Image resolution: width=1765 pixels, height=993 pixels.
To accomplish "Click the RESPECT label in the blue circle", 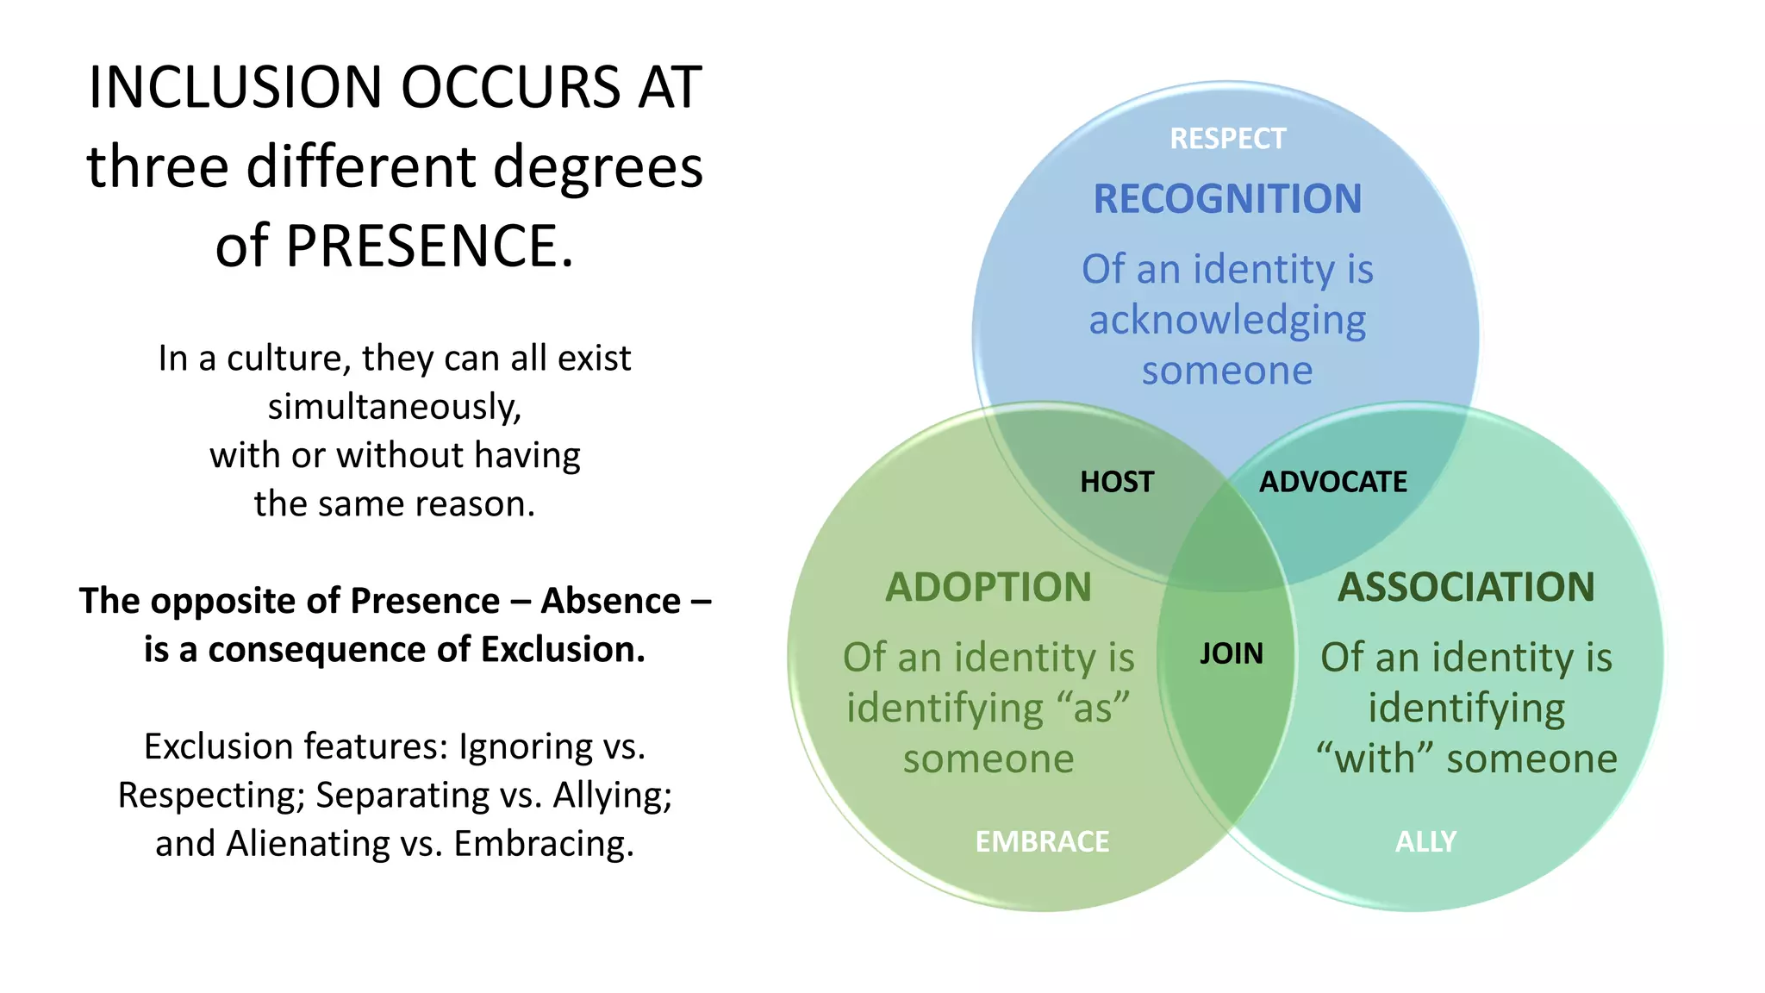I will click(x=1227, y=139).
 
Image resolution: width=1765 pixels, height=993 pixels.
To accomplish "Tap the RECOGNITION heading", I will click(x=1227, y=199).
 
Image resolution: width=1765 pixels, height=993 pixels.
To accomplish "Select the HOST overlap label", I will click(x=1117, y=482).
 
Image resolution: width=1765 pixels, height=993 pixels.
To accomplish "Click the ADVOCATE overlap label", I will click(x=1333, y=482).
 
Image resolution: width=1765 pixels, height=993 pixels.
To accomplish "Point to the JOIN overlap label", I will click(x=1232, y=653).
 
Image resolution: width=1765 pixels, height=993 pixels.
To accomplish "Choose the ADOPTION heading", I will click(x=989, y=588).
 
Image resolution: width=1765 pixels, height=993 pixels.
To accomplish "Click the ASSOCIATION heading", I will click(x=1466, y=588).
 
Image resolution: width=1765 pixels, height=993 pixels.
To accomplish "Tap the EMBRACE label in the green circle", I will click(x=1042, y=841).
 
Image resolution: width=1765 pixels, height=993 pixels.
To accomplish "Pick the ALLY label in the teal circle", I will click(x=1425, y=841).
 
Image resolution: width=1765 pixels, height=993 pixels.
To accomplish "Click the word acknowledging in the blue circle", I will click(x=1227, y=321).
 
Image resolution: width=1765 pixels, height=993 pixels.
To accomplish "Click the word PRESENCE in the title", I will click(x=429, y=247).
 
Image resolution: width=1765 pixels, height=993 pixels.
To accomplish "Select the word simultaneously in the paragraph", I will click(x=395, y=407).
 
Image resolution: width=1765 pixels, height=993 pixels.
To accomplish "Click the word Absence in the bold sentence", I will click(x=610, y=601).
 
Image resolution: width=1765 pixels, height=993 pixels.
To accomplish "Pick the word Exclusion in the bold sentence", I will click(x=562, y=650).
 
